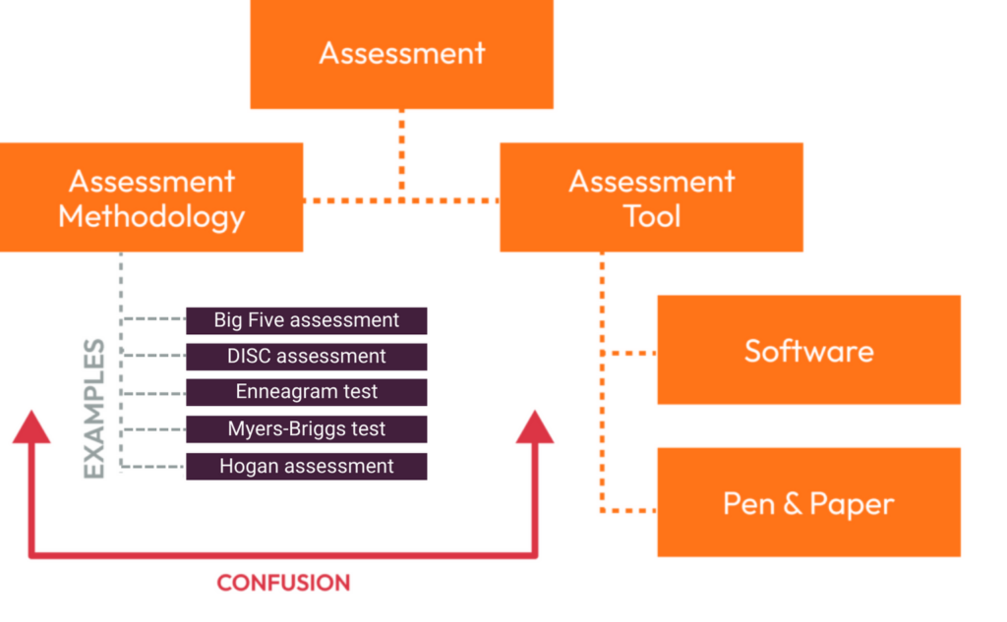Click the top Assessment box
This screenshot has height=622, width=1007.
pyautogui.click(x=401, y=53)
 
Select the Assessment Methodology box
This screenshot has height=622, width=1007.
pyautogui.click(x=151, y=197)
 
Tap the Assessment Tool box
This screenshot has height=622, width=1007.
pyautogui.click(x=651, y=197)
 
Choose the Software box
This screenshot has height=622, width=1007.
pyautogui.click(x=808, y=350)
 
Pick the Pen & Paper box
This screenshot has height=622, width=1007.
pyautogui.click(x=808, y=503)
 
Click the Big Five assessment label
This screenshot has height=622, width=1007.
pyautogui.click(x=307, y=320)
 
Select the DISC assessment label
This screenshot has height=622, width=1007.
pyautogui.click(x=307, y=357)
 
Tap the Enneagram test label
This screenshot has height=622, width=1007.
pyautogui.click(x=307, y=392)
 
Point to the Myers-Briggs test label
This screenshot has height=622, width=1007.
pyautogui.click(x=307, y=429)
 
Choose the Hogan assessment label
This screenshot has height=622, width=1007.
pyautogui.click(x=307, y=467)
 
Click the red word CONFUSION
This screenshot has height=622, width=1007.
pyautogui.click(x=283, y=583)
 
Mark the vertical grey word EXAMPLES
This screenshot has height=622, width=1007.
pyautogui.click(x=94, y=409)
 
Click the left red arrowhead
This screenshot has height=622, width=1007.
pyautogui.click(x=31, y=428)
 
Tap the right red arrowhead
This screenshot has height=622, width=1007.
pyautogui.click(x=535, y=428)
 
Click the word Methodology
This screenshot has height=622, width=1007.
pyautogui.click(x=151, y=215)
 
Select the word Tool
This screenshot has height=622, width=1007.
pyautogui.click(x=651, y=215)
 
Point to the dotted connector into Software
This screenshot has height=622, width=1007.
pyautogui.click(x=629, y=352)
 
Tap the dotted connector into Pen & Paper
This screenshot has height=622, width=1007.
pyautogui.click(x=629, y=510)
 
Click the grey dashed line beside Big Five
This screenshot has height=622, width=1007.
pyautogui.click(x=153, y=320)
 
